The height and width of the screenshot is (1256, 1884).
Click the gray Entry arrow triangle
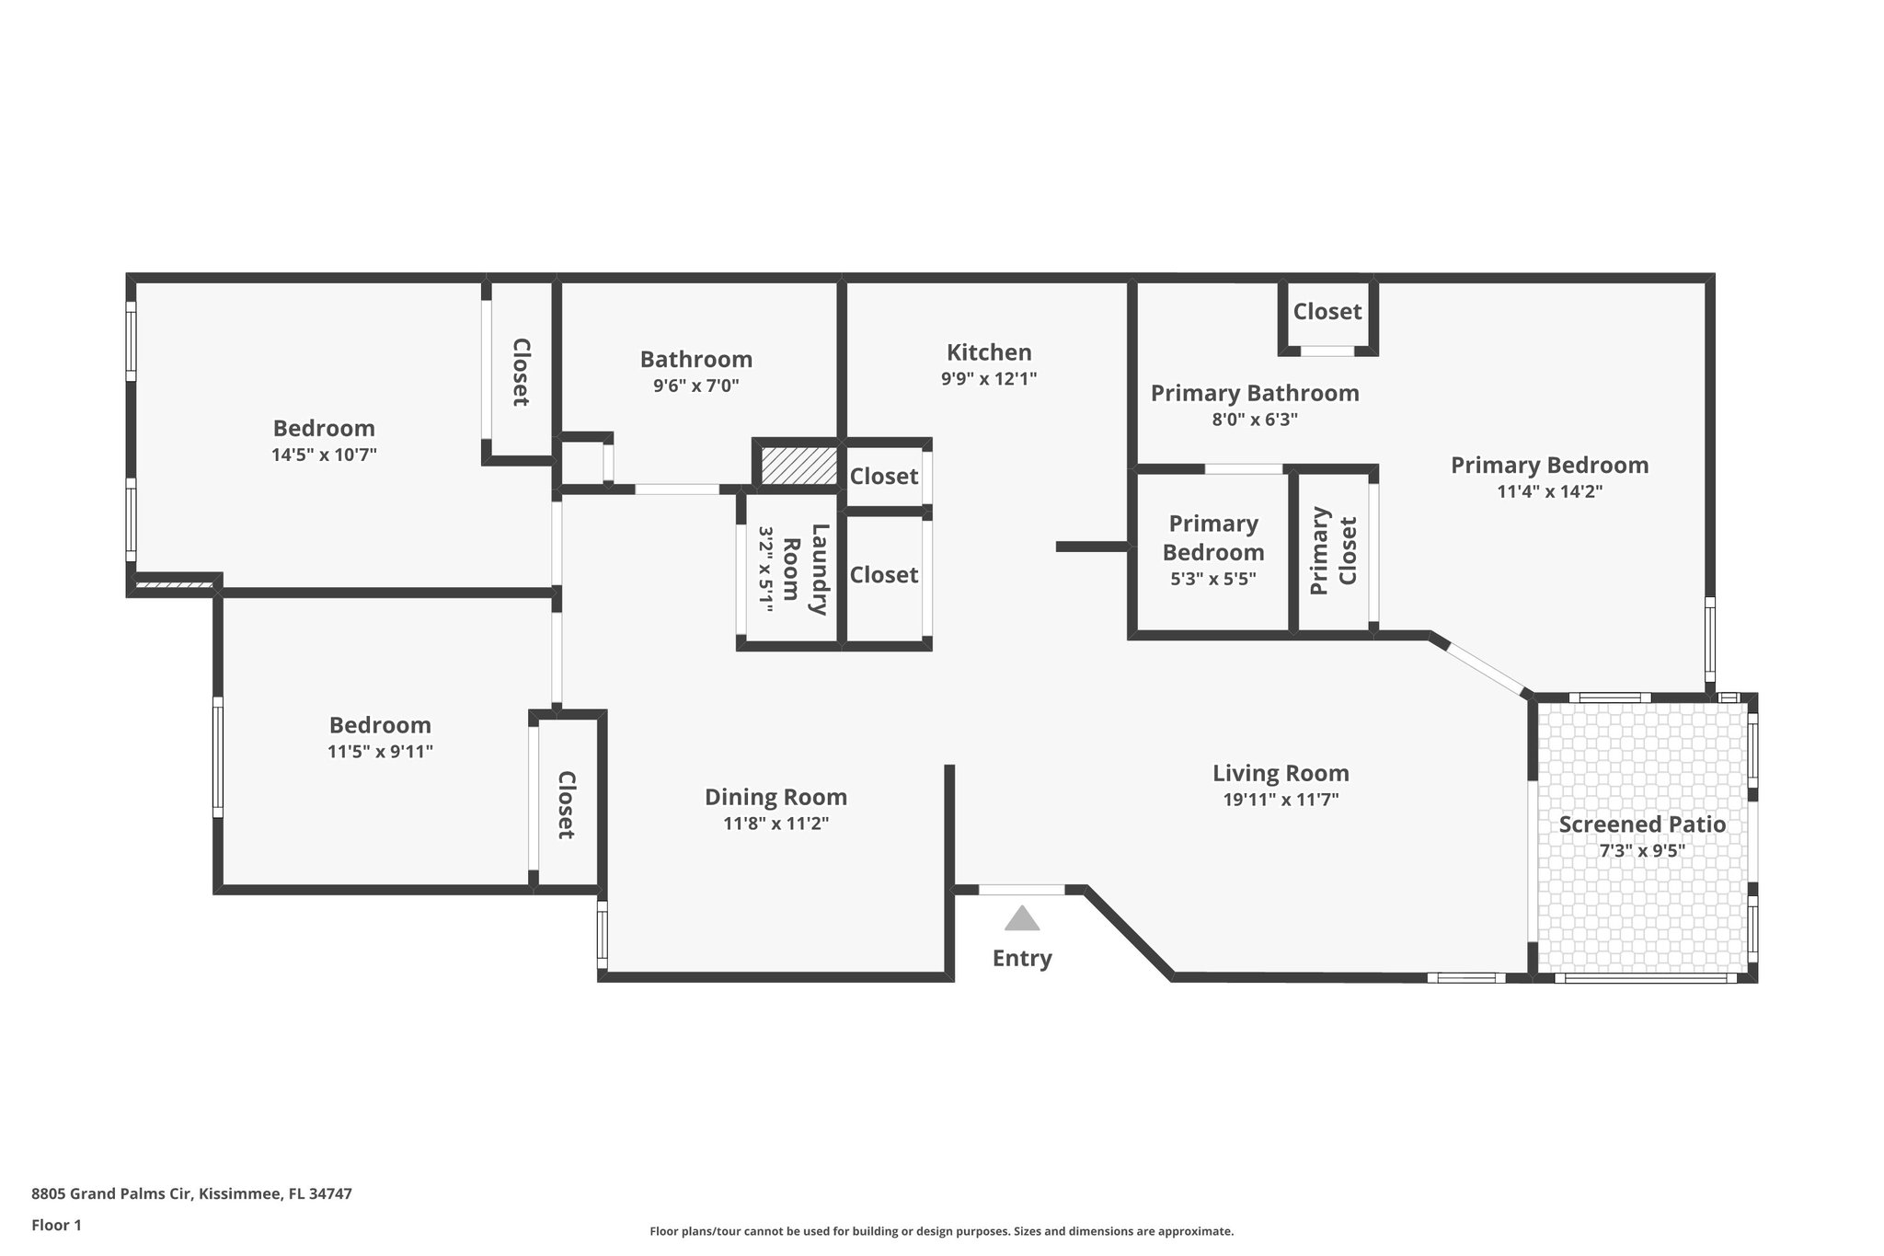1021,918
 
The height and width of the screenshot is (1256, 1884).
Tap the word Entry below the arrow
1022,959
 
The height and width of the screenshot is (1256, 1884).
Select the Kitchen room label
989,352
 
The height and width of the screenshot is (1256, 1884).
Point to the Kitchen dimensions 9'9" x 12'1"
989,379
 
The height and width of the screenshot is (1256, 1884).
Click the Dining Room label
775,797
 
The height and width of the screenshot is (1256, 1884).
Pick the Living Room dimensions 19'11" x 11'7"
1281,800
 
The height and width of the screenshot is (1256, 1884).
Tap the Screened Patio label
1642,824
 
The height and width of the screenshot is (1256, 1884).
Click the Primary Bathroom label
1255,394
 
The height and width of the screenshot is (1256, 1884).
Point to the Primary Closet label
1334,550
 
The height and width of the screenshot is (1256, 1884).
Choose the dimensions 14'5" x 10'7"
325,455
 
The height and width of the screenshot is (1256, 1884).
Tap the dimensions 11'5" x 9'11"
380,752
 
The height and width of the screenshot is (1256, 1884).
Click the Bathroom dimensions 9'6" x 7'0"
696,386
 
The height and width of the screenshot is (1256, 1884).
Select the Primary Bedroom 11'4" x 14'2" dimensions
1550,491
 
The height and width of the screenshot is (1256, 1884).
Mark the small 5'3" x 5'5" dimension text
1213,579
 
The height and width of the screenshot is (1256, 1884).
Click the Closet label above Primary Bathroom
1327,312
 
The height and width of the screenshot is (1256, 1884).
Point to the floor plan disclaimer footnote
942,1231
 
